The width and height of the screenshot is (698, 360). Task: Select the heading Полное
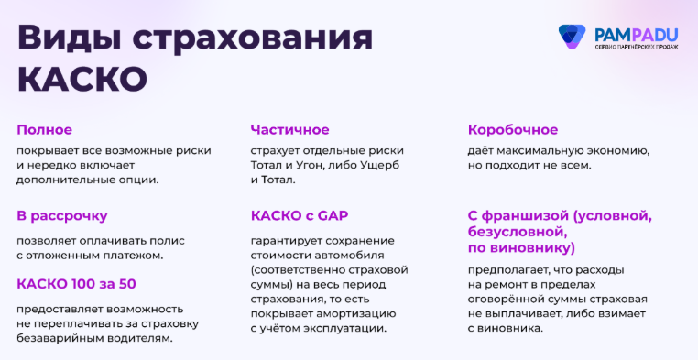(44, 129)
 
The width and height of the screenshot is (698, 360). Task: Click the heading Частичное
(289, 129)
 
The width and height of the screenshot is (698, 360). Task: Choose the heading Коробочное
(512, 129)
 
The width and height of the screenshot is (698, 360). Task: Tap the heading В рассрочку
(62, 216)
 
